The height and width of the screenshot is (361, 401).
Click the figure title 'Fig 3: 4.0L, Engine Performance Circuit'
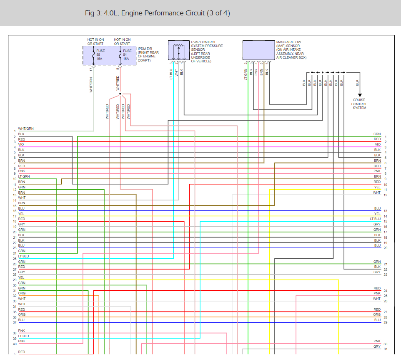coord(145,13)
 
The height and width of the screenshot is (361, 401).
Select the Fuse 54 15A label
coord(127,55)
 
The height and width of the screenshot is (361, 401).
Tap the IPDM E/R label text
coord(148,54)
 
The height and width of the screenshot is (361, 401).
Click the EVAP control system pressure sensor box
coord(179,50)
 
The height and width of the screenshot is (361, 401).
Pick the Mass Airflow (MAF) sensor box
coord(258,50)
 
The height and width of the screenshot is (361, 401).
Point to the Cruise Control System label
coord(359,104)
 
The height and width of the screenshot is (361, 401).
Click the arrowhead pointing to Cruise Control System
coord(360,95)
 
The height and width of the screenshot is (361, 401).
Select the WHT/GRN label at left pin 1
coord(26,129)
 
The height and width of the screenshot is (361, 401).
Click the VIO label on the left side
coord(21,144)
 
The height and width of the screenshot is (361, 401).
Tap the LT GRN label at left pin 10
coord(24,176)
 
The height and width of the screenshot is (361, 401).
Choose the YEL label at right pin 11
coord(377,187)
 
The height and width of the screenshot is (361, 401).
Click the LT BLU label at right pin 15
coord(375,219)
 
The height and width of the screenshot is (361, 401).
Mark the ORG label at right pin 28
coord(377,314)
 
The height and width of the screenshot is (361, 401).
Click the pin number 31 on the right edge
coord(386,349)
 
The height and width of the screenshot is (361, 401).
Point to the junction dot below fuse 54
coord(120,94)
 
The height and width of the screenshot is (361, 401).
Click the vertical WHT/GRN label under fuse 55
coord(91,85)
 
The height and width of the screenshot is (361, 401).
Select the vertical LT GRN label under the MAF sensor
coord(246,74)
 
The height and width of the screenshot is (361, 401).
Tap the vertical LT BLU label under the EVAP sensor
coord(171,74)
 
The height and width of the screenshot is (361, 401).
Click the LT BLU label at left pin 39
coord(23,336)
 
